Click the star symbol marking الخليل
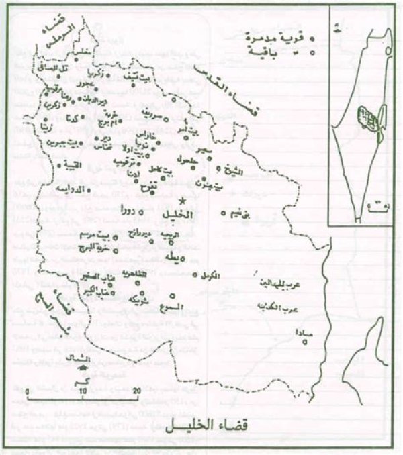[182, 201]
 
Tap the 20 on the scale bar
[136, 390]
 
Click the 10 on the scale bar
[82, 390]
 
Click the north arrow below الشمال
[83, 366]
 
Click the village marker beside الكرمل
[189, 275]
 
